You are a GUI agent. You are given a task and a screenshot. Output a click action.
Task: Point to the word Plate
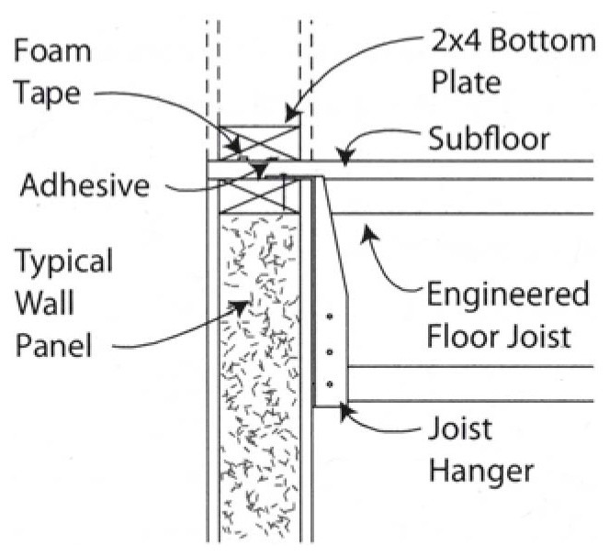[466, 83]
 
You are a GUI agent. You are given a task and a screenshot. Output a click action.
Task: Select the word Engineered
[507, 296]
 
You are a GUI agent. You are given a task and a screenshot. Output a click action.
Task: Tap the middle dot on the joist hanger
[328, 352]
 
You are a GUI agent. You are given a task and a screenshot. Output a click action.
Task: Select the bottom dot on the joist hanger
[328, 384]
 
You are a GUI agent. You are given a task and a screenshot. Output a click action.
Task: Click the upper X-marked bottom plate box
[260, 140]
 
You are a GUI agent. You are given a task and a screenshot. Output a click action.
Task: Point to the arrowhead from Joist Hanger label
[342, 409]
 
